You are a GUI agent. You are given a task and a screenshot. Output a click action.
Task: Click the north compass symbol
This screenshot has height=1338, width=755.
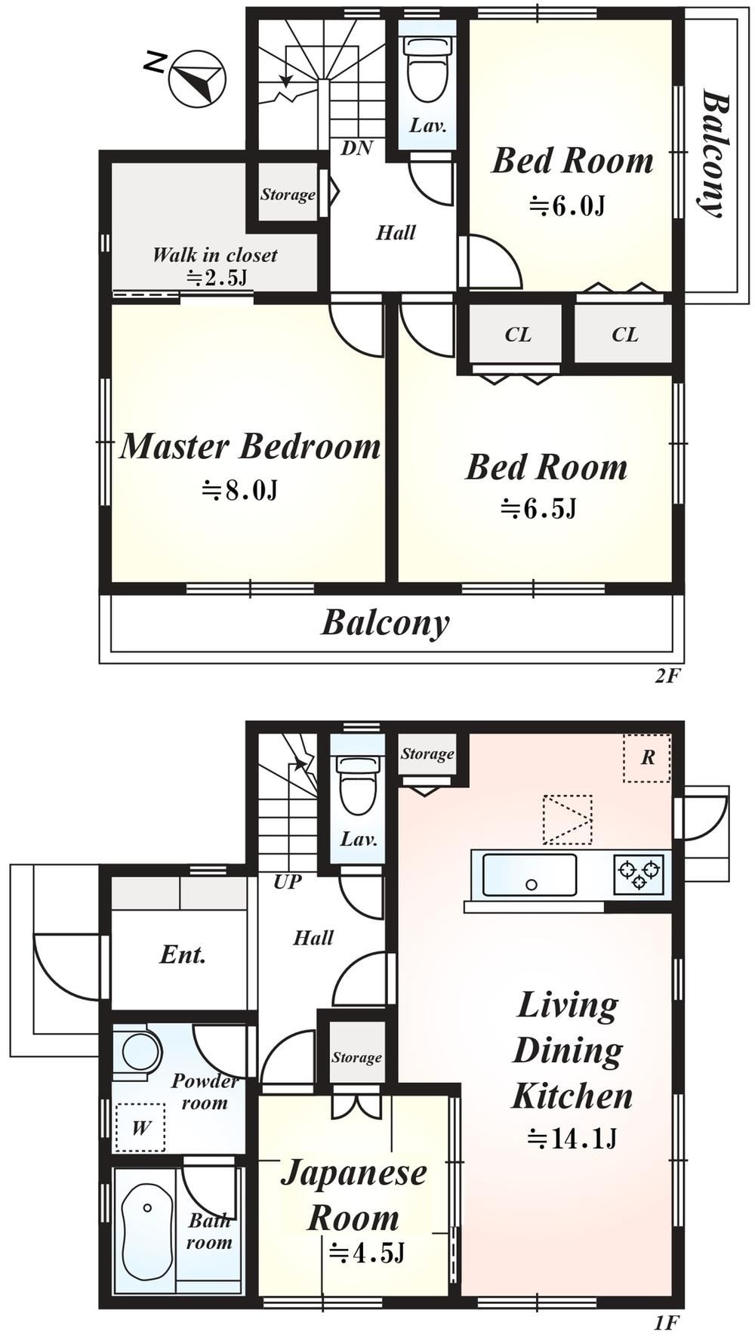pos(197,79)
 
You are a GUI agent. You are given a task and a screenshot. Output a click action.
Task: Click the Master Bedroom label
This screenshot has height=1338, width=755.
pos(251,445)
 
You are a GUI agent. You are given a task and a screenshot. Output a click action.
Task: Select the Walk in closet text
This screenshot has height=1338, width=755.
pos(214,254)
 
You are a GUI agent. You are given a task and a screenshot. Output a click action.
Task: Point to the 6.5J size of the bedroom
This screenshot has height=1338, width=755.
pos(538,508)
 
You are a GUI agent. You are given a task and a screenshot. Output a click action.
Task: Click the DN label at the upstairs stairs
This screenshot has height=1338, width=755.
pos(356,148)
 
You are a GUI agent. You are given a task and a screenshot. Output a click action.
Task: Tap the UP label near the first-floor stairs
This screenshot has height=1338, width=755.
pos(288,881)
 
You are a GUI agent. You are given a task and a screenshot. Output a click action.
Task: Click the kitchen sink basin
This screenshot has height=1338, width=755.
pos(529,875)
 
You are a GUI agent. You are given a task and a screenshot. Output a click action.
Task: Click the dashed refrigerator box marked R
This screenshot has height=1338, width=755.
pos(647,757)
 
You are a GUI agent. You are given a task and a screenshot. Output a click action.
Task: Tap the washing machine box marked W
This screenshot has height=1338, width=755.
pos(140,1128)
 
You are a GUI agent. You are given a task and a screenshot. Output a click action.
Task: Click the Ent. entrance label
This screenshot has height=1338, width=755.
pos(183,954)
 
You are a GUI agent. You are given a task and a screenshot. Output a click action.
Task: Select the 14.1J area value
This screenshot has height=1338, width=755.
pos(572,1138)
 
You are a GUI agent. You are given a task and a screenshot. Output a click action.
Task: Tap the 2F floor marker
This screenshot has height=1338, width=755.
pos(667,676)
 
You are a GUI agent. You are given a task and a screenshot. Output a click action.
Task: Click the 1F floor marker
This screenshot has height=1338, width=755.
pos(667,1321)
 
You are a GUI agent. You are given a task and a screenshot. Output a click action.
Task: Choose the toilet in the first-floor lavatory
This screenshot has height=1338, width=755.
pos(358,785)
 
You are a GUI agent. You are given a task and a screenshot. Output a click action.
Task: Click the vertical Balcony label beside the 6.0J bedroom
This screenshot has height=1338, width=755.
pos(714,153)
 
